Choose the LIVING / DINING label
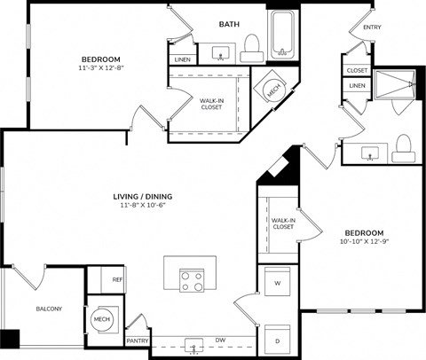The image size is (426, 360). pyautogui.click(x=142, y=196)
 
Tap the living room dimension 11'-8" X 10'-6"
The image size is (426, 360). pyautogui.click(x=142, y=206)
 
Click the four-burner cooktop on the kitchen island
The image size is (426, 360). pyautogui.click(x=192, y=281)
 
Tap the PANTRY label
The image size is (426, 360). pyautogui.click(x=138, y=340)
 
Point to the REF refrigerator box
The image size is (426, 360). pyautogui.click(x=117, y=279)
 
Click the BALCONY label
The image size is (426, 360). pyautogui.click(x=49, y=309)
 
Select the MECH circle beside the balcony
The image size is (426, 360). pyautogui.click(x=101, y=320)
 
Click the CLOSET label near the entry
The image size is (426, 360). pyautogui.click(x=357, y=70)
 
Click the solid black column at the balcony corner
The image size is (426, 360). pyautogui.click(x=10, y=339)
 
